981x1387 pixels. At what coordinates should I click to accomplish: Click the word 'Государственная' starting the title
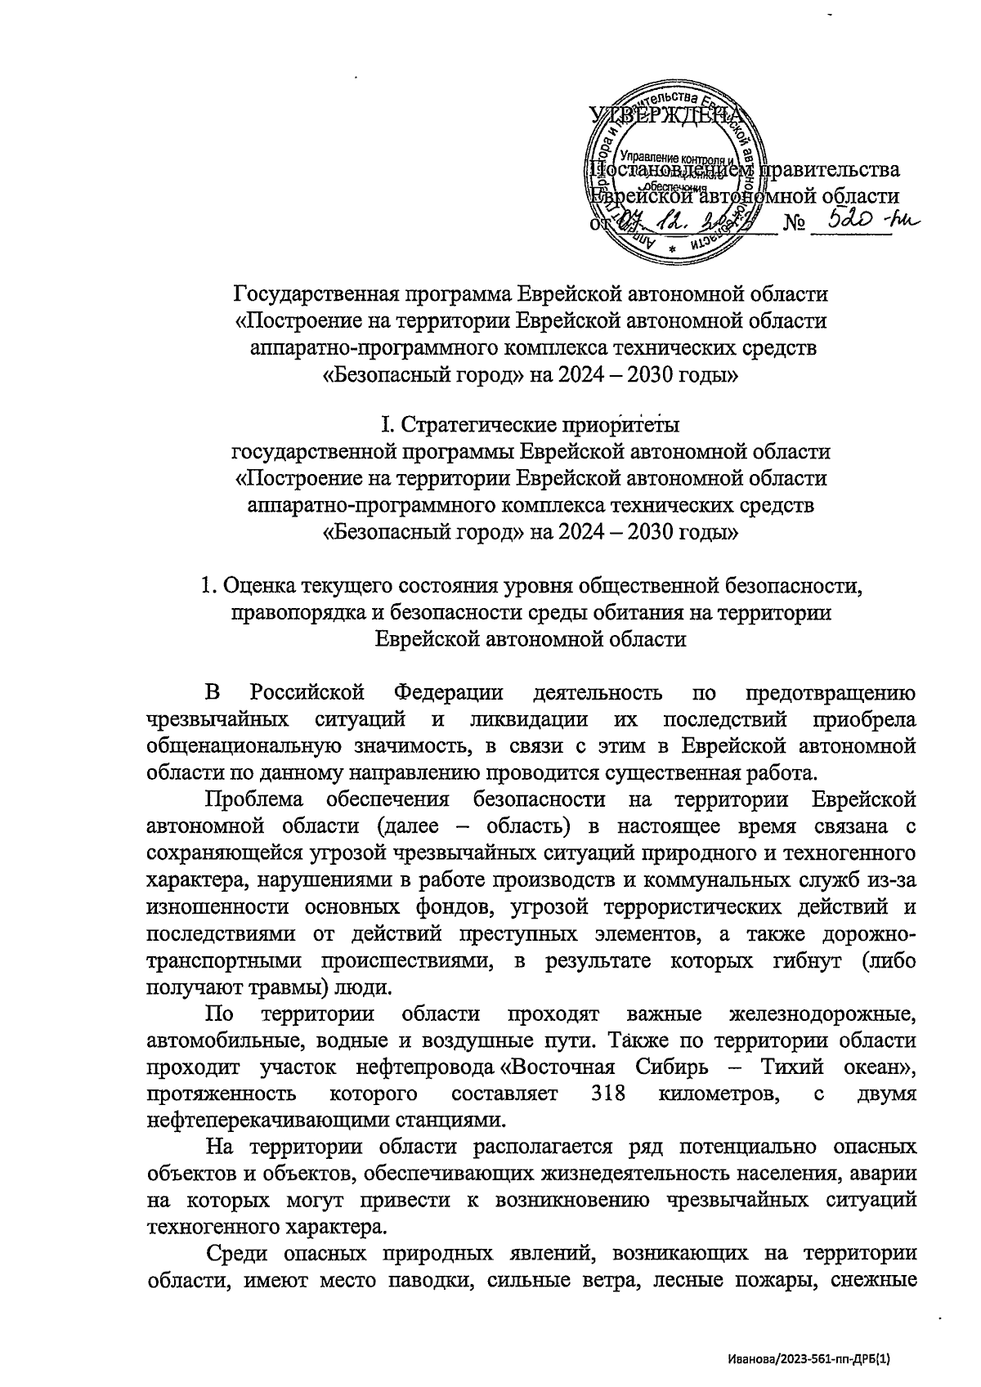[x=314, y=293]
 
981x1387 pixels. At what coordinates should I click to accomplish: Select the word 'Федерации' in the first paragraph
[x=448, y=693]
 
